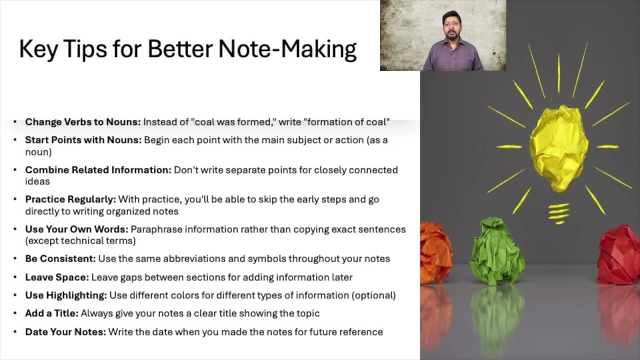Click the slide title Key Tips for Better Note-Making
coord(187,49)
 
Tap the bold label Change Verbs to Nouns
coord(83,122)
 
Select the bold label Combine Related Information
coord(98,170)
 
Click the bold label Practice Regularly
coord(70,199)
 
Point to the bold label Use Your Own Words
coord(76,229)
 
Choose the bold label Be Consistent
coord(60,259)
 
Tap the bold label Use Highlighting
coord(66,295)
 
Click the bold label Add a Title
coord(51,313)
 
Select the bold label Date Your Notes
coord(65,332)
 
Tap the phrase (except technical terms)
coord(80,241)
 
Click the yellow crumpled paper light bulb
coord(559,147)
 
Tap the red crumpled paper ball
coord(620,254)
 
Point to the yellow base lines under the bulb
coord(559,213)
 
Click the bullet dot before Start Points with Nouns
coord(15,140)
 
